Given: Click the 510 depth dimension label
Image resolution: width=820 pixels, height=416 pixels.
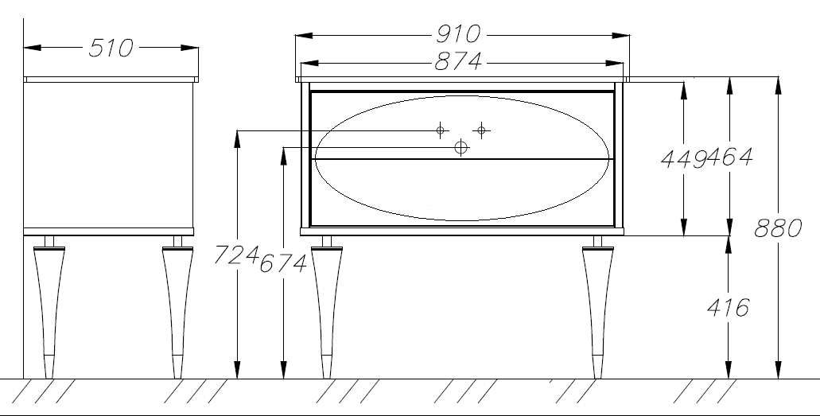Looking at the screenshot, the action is tap(111, 49).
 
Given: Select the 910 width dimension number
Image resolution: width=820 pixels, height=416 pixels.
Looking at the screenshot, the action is tap(458, 34).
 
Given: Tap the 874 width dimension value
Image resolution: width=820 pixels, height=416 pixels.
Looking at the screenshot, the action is tap(458, 62).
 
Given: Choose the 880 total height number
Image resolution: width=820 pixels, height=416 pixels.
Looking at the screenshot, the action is tap(778, 228).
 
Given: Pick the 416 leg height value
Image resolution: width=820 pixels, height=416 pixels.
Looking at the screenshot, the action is tap(728, 308).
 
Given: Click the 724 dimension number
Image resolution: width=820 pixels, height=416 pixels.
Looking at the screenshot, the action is tap(236, 255).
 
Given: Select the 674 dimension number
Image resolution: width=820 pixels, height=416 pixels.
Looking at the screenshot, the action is tap(283, 263).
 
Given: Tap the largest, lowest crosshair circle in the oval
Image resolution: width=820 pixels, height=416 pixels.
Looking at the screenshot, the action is tap(461, 148).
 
